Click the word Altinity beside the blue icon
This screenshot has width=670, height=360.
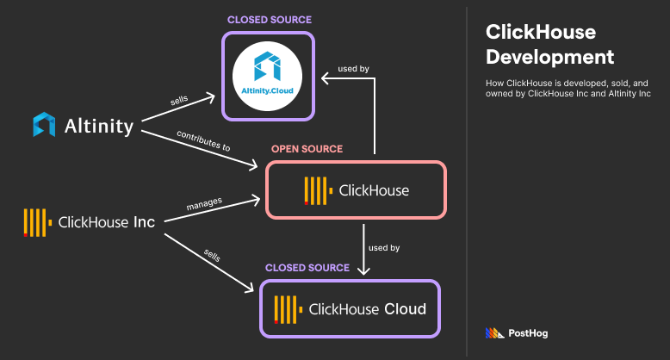99,127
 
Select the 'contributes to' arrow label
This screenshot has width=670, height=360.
203,141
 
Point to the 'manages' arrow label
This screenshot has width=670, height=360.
204,202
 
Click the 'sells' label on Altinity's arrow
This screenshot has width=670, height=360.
180,102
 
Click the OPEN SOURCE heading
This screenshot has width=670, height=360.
307,149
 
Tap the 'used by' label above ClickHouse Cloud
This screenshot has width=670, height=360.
384,248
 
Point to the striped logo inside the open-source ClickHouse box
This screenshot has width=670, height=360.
317,190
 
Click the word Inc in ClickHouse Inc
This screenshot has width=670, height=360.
144,222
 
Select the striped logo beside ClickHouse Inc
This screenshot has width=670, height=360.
35,222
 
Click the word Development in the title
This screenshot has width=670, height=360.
549,57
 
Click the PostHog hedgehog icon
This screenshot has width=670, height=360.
493,333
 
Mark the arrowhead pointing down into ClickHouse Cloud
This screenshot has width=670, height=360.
363,270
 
